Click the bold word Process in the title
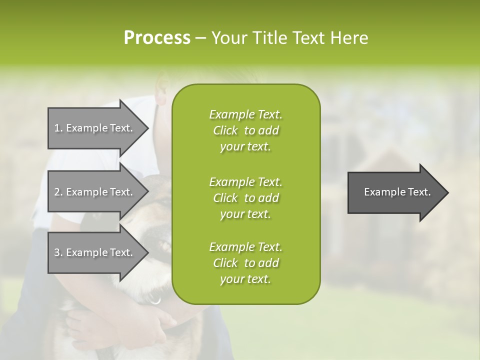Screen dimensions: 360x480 coord(157,38)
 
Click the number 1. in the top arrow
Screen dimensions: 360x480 coord(58,128)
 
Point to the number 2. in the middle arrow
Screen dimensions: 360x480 coord(58,192)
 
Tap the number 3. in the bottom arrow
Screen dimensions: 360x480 coord(58,252)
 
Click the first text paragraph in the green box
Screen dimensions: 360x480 coord(245,130)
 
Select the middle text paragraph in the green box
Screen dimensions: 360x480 coord(245,197)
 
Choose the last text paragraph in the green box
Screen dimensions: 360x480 coord(245,263)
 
